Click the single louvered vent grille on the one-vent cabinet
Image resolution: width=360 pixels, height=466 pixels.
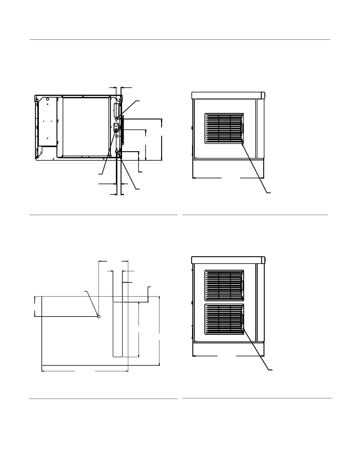[224, 129]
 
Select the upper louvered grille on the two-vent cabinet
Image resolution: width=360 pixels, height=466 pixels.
[224, 285]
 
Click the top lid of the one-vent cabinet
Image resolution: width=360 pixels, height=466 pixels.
[228, 95]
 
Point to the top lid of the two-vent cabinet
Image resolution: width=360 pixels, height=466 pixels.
[228, 260]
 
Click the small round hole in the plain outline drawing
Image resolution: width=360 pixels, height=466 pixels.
[99, 316]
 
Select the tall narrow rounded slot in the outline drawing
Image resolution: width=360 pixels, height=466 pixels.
[118, 329]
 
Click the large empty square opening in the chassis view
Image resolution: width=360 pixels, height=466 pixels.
[86, 127]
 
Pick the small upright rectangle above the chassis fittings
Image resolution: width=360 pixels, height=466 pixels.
[116, 110]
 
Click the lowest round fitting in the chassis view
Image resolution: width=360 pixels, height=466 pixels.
[117, 152]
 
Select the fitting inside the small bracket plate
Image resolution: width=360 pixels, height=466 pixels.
[116, 130]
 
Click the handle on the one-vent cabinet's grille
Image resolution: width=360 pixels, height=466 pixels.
[242, 128]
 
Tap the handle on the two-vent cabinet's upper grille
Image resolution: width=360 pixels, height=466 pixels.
[242, 285]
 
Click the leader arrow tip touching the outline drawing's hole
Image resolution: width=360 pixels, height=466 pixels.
[97, 315]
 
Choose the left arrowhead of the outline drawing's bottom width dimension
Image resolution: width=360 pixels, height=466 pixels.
[43, 371]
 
